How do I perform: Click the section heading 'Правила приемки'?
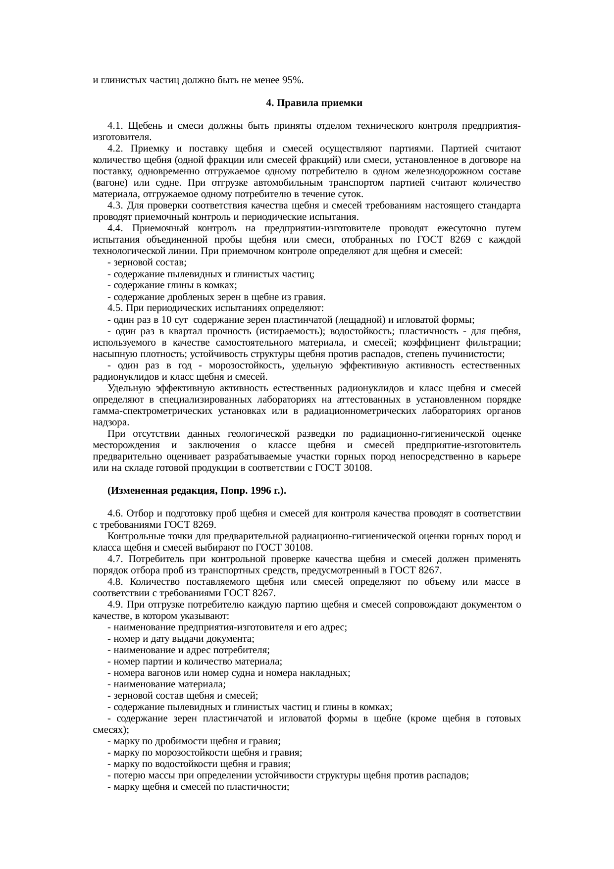click(x=320, y=103)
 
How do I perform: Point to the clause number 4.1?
click(x=115, y=126)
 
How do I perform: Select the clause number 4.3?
click(x=115, y=205)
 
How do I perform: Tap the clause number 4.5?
click(x=115, y=308)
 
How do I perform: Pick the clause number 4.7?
click(x=115, y=559)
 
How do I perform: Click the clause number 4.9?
click(x=115, y=605)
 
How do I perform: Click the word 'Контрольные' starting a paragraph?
click(x=131, y=536)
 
